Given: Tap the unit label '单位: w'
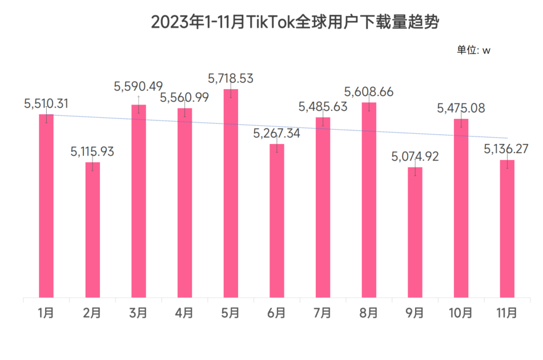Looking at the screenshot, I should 473,50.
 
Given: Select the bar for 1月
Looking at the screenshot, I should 46,206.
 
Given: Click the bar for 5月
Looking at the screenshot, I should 231,194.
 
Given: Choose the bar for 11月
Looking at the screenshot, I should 507,229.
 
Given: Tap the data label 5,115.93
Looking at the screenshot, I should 92,152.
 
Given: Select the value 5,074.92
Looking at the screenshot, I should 415,157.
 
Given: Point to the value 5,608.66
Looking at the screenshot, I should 369,92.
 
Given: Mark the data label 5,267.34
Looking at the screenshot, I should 277,134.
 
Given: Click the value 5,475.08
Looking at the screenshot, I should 461,108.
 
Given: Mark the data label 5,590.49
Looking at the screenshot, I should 138,87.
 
